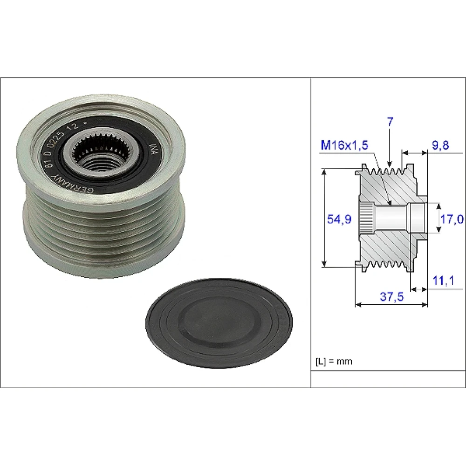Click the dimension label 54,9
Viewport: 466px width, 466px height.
339,219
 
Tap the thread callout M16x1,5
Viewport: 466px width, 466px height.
344,145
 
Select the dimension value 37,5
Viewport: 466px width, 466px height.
392,296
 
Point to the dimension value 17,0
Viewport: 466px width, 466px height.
452,219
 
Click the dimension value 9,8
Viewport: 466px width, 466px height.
440,145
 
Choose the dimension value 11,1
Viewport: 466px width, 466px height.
443,280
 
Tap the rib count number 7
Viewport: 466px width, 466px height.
390,122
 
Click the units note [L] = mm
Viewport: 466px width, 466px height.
334,362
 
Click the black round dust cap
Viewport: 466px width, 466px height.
219,323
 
